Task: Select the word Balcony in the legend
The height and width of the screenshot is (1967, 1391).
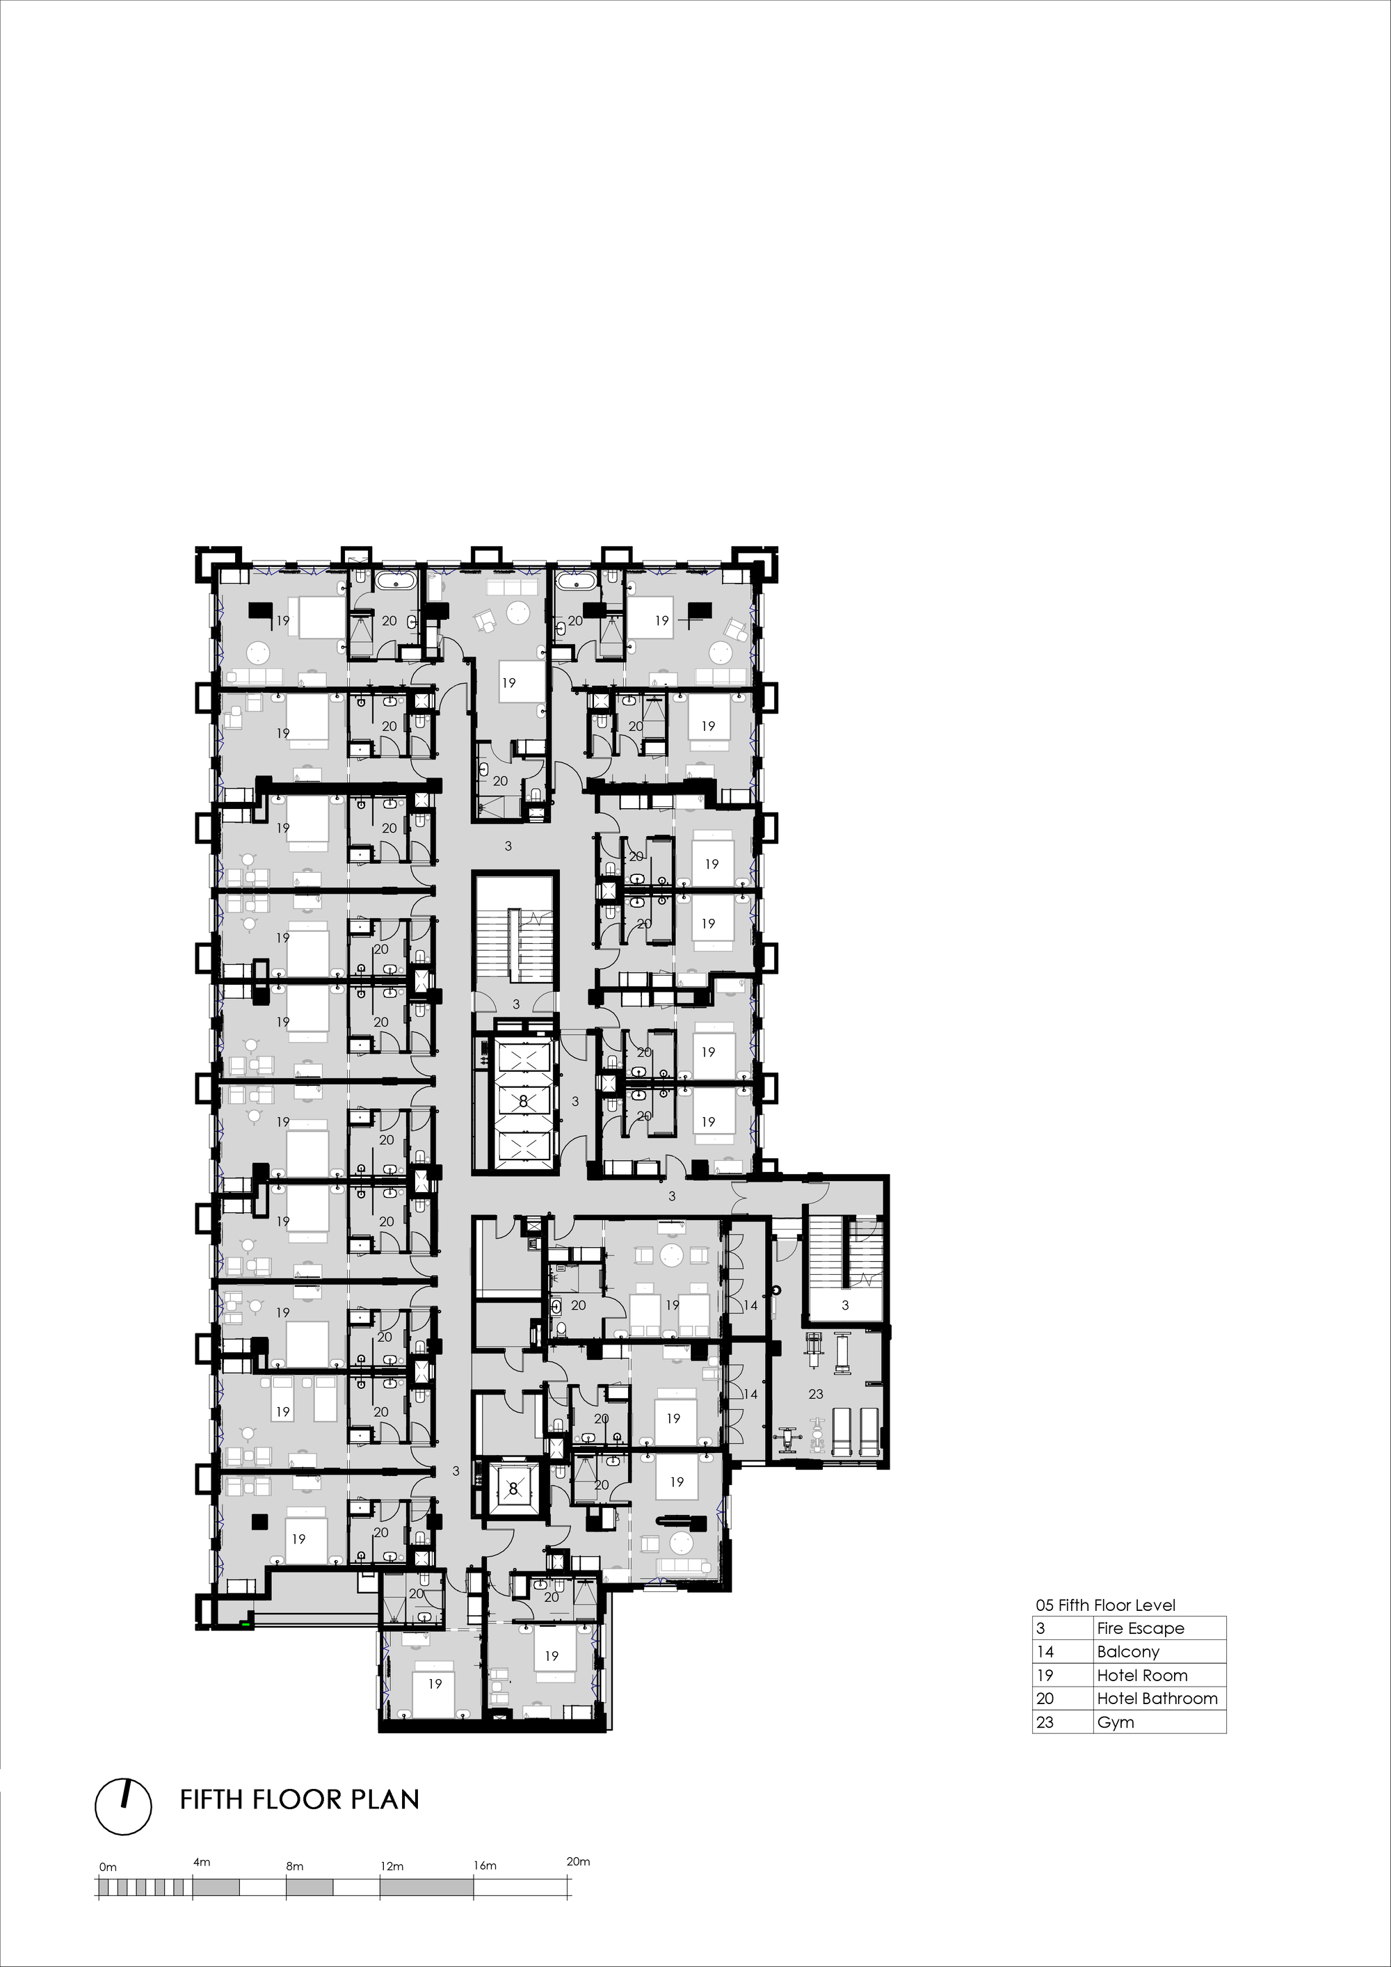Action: pos(1127,1652)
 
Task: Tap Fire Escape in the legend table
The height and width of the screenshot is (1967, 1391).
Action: pos(1140,1628)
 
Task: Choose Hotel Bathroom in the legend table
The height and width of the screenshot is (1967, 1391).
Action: pos(1157,1699)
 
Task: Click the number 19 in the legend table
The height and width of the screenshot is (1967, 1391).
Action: pos(1045,1676)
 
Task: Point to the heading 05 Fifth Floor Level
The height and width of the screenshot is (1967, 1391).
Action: pos(1105,1605)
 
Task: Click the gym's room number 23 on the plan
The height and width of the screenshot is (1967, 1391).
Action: pos(815,1394)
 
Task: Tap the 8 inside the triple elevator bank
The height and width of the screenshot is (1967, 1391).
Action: pos(523,1102)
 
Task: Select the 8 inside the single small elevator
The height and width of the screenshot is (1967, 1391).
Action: pos(513,1489)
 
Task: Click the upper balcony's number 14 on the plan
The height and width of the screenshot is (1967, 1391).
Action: pos(750,1306)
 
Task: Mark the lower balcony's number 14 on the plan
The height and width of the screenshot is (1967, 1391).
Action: pos(750,1395)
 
